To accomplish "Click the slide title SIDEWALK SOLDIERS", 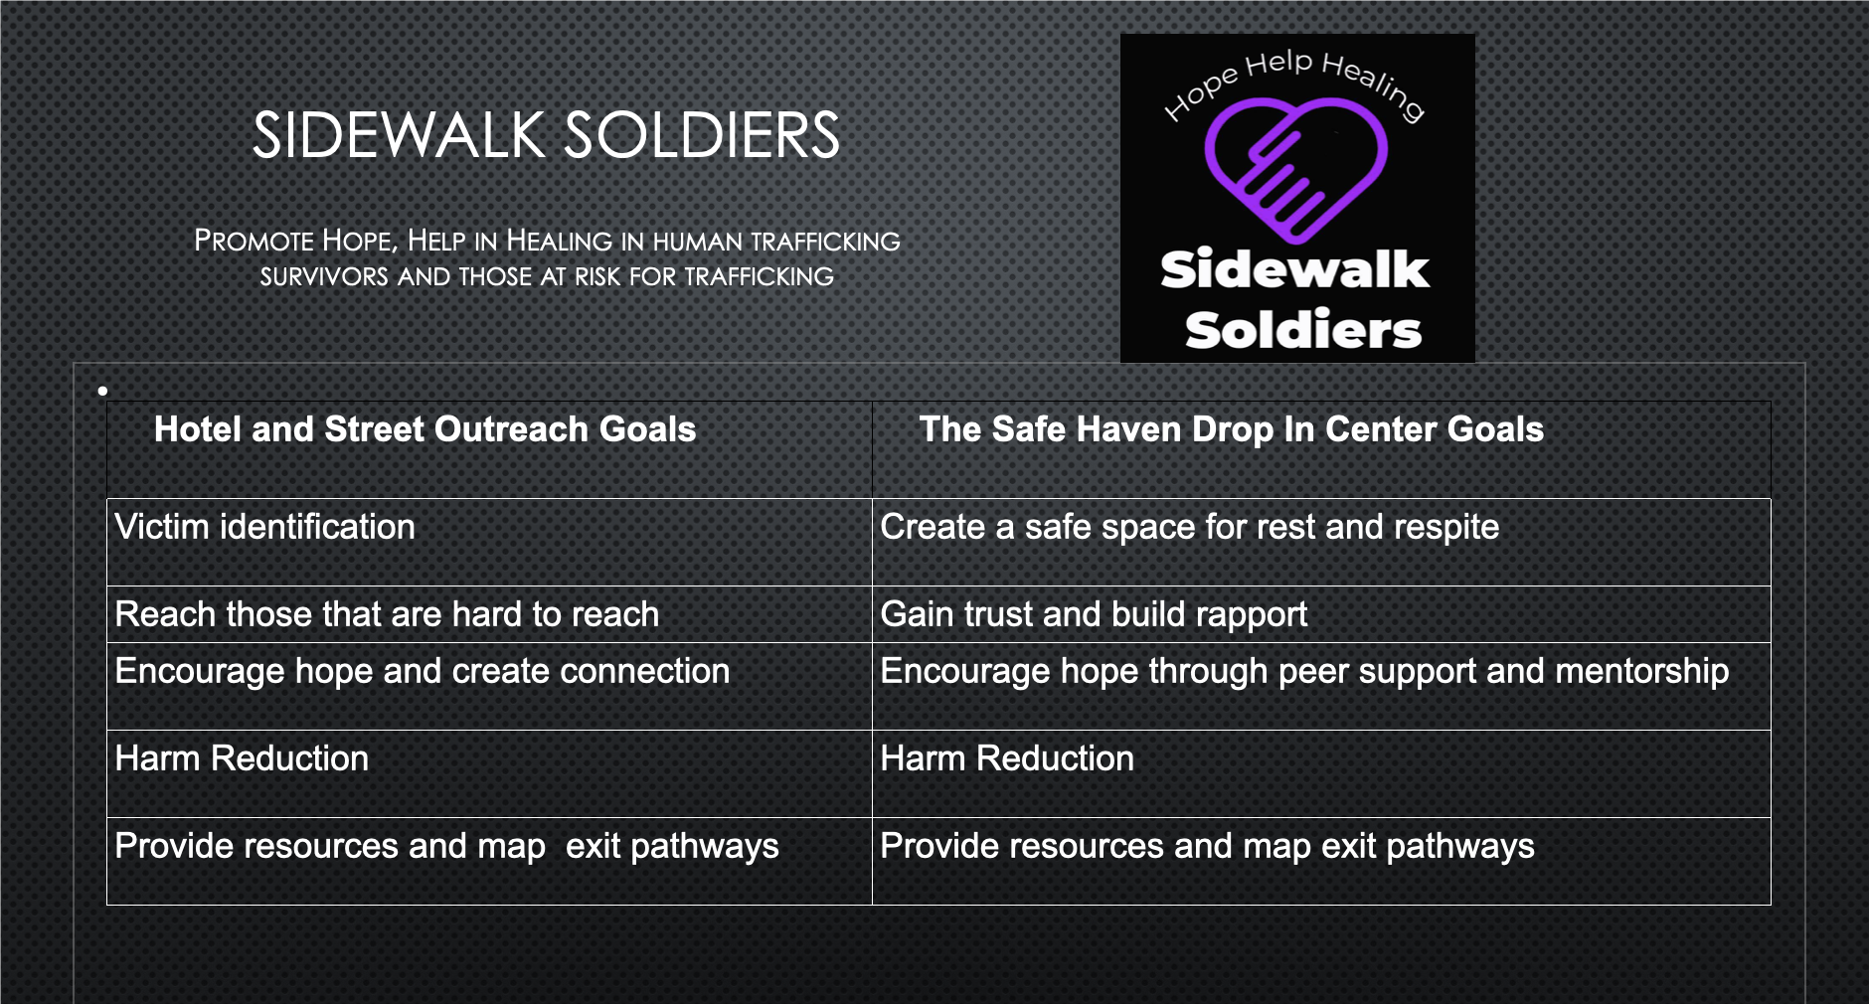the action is pos(546,135).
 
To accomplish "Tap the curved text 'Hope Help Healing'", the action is pos(1294,84).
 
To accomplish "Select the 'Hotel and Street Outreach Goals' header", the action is pos(425,429).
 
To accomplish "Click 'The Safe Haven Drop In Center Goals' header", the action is pos(1231,429).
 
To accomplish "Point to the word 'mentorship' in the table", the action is pos(1641,671).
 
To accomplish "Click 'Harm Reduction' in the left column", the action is pos(242,758).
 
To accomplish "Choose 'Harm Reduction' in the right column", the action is pos(1007,758).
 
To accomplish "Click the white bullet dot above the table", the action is pos(102,391).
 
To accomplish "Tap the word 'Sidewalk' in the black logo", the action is pos(1294,269).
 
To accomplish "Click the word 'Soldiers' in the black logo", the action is pos(1303,329).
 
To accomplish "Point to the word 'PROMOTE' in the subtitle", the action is pos(254,241).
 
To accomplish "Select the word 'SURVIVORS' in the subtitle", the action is pos(324,276).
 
